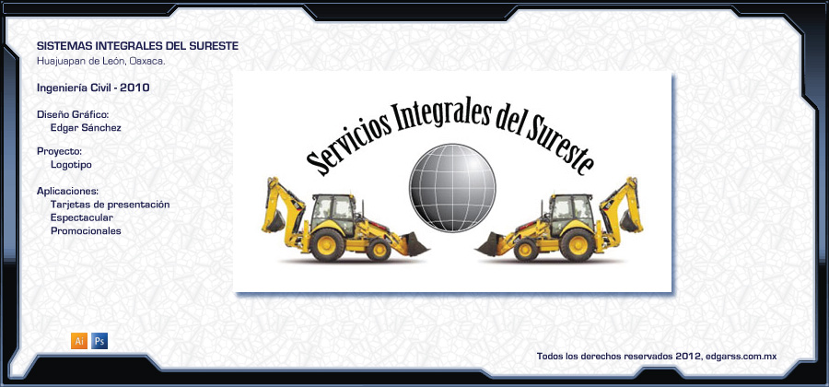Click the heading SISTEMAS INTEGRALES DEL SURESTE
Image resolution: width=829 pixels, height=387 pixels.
click(x=137, y=46)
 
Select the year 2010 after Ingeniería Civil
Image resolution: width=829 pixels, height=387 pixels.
click(x=134, y=88)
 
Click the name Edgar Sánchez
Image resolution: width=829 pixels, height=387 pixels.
click(x=86, y=128)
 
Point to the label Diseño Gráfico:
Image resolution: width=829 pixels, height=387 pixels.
click(x=73, y=115)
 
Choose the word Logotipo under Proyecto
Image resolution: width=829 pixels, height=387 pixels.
click(x=71, y=165)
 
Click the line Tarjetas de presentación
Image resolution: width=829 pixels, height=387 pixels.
click(x=110, y=205)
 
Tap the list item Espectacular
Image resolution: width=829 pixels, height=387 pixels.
click(x=82, y=217)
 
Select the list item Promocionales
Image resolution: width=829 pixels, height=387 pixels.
click(x=86, y=231)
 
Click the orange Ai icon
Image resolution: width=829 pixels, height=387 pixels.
click(x=79, y=341)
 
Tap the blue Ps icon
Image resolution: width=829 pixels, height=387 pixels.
click(x=99, y=341)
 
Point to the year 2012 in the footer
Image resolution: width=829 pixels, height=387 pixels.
click(x=688, y=357)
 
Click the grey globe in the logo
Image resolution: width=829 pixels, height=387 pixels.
click(x=452, y=188)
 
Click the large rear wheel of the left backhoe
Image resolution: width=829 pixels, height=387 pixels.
click(x=327, y=245)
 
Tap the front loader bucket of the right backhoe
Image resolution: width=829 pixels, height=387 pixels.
click(x=490, y=244)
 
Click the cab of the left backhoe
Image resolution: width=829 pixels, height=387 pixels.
click(x=333, y=214)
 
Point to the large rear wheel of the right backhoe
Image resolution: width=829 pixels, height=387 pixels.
click(x=578, y=245)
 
